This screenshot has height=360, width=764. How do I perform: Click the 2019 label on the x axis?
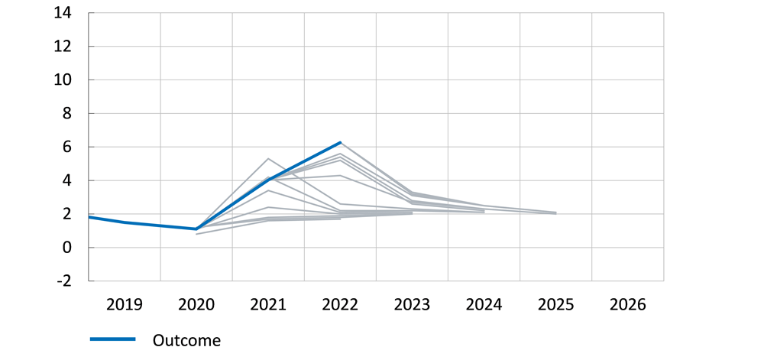125,305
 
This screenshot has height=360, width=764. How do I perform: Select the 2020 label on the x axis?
196,305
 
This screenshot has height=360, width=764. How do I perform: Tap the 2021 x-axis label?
268,305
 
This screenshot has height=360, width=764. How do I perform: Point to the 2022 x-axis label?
340,305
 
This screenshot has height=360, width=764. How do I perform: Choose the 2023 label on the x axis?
412,305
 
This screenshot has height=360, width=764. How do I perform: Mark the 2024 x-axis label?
484,305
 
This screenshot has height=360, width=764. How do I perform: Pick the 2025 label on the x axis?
555,305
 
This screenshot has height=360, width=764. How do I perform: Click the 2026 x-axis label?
627,305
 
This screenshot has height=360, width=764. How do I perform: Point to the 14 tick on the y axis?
63,13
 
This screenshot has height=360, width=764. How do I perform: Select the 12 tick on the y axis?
63,47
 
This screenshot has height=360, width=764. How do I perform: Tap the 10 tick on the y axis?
63,80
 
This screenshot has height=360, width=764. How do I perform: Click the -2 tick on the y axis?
64,281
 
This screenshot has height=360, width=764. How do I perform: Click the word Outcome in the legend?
186,340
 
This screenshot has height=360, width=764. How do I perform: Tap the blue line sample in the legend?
112,339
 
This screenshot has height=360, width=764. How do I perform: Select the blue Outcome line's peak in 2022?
340,142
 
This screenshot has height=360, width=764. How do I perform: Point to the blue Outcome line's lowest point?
196,229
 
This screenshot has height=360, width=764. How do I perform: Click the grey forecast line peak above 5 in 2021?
268,158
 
